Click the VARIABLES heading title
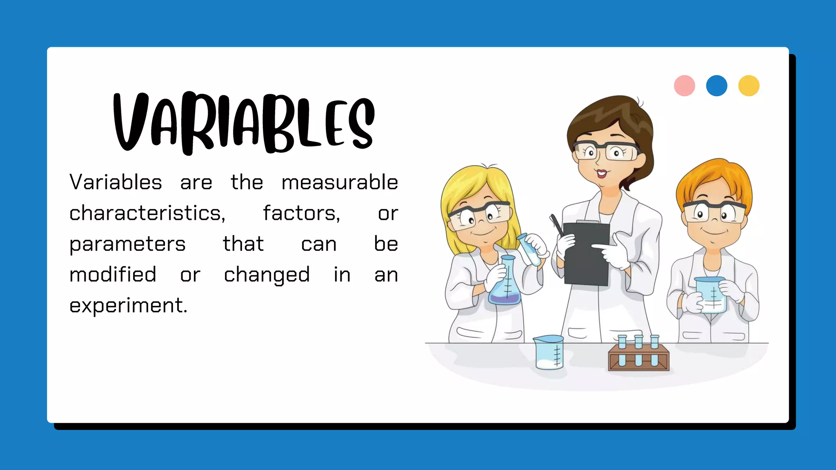click(x=244, y=122)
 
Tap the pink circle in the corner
click(x=684, y=86)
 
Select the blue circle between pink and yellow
click(x=716, y=86)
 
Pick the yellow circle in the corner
click(x=749, y=86)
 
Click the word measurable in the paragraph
click(x=340, y=182)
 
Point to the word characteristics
click(x=147, y=213)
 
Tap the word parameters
click(x=127, y=244)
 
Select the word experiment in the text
click(x=128, y=306)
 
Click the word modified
click(x=113, y=275)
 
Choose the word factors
click(x=301, y=213)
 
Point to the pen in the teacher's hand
click(x=556, y=224)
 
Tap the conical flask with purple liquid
click(x=505, y=286)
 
